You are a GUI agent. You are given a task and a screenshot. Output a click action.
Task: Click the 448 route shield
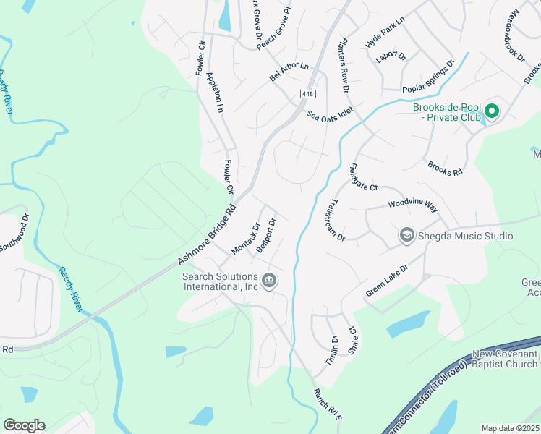308,95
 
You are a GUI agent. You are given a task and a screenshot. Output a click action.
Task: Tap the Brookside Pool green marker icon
492,111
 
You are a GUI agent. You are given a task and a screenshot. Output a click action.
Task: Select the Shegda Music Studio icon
407,236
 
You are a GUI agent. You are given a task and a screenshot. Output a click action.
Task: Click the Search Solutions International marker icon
269,280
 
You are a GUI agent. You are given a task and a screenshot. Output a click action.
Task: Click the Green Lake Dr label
387,280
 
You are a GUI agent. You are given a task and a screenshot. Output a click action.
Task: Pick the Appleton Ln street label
215,93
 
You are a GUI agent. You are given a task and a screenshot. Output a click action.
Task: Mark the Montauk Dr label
245,238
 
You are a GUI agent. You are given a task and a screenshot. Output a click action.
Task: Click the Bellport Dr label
266,234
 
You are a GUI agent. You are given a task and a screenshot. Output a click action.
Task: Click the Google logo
24,425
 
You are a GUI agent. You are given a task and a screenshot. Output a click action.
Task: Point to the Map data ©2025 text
510,428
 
